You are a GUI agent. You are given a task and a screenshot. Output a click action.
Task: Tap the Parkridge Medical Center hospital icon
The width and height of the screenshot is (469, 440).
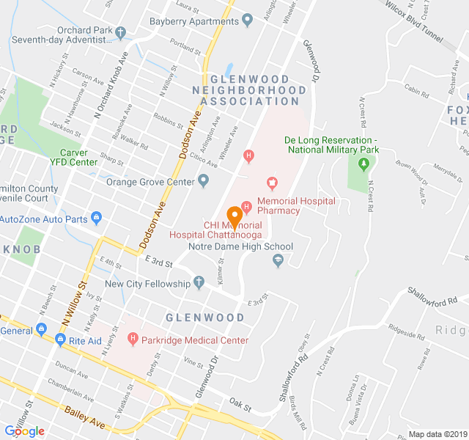tap(133, 339)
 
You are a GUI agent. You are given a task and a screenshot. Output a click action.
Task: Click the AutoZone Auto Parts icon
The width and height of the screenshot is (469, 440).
tap(95, 218)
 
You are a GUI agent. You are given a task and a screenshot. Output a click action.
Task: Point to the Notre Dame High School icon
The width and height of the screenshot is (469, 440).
tap(278, 260)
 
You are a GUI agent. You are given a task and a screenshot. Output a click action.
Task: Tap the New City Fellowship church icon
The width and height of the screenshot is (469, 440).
tap(198, 283)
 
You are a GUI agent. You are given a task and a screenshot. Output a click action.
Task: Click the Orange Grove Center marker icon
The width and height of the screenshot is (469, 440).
tap(204, 181)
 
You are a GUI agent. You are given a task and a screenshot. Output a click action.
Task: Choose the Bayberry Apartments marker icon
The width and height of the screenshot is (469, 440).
tap(247, 20)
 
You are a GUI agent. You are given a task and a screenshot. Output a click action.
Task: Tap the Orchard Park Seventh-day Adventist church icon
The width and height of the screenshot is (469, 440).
tap(121, 33)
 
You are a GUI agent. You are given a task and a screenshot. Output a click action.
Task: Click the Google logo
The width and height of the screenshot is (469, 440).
tap(24, 431)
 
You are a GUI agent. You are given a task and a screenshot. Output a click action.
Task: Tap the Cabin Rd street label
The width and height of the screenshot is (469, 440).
tap(416, 92)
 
